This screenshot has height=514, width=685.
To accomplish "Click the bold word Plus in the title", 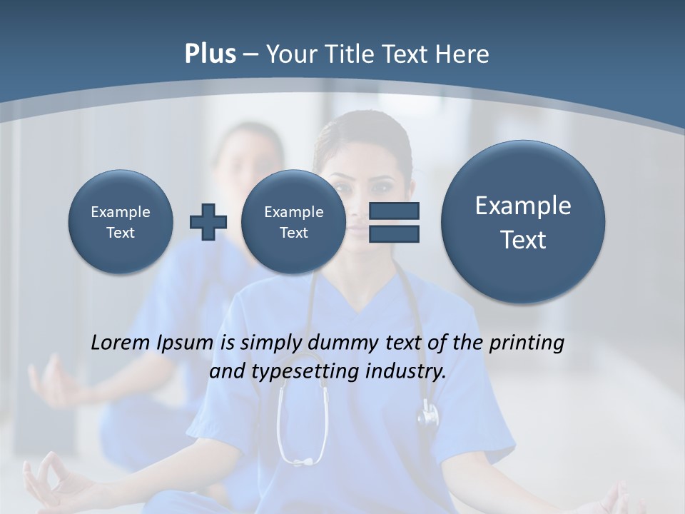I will click(210, 54).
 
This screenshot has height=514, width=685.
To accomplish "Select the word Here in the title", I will click(464, 54).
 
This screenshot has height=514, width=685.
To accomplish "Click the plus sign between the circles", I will click(208, 222).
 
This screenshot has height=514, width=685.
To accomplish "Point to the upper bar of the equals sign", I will click(393, 211).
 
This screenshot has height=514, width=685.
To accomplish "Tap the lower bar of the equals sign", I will click(393, 233).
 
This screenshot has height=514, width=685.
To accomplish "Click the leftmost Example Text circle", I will click(121, 222).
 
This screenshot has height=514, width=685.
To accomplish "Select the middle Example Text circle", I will click(293, 222).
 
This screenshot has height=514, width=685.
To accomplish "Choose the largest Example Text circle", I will click(523, 222).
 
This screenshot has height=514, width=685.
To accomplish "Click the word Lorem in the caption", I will click(121, 343).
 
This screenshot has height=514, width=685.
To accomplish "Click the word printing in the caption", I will click(527, 343).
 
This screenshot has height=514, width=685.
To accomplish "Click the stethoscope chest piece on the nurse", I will click(428, 414).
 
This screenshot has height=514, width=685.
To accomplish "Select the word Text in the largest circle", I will click(523, 240).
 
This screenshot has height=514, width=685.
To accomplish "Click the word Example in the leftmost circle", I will click(121, 212).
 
